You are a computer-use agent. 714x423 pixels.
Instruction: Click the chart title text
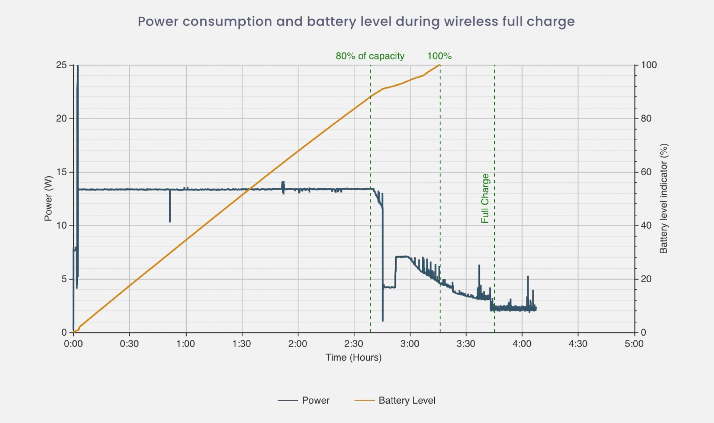(x=356, y=22)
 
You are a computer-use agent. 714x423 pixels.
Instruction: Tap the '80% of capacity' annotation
(x=370, y=56)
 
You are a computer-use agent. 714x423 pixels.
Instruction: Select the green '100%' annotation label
(x=439, y=56)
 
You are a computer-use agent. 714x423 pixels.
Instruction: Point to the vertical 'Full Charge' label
(x=485, y=198)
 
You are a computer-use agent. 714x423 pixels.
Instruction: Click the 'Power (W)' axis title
(x=48, y=198)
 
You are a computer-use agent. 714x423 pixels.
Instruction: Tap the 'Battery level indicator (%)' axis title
(x=663, y=198)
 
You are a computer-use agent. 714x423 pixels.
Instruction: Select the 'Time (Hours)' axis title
(x=353, y=357)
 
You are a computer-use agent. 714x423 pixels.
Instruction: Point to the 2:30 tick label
(x=353, y=344)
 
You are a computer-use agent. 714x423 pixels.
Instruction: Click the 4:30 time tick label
(x=578, y=344)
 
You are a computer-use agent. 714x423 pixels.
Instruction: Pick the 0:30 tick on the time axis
(x=129, y=344)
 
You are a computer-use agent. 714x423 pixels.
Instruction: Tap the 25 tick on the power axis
(x=61, y=65)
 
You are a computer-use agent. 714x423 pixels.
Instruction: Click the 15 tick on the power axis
(x=61, y=172)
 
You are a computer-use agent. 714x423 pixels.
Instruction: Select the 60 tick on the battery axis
(x=646, y=172)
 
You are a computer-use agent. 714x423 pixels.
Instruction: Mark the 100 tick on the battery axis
(x=649, y=65)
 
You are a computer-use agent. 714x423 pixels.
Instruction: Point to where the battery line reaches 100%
(x=440, y=65)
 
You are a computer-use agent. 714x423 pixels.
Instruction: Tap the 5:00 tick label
(x=634, y=344)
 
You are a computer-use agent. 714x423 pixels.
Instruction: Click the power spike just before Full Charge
(x=479, y=267)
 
